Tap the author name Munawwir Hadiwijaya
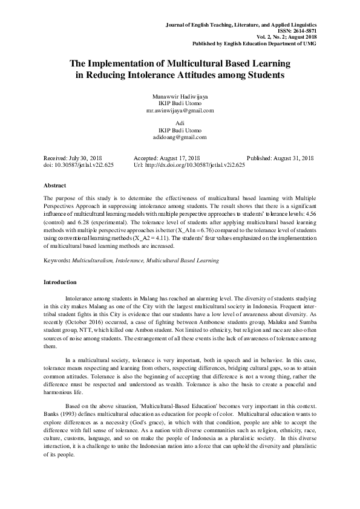pos(180,97)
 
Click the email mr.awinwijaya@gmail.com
pos(180,111)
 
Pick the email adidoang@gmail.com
pos(180,137)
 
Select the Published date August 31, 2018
pos(291,157)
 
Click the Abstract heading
pos(55,185)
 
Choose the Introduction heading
pos(60,282)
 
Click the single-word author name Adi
pos(180,123)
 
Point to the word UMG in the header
pos(310,44)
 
